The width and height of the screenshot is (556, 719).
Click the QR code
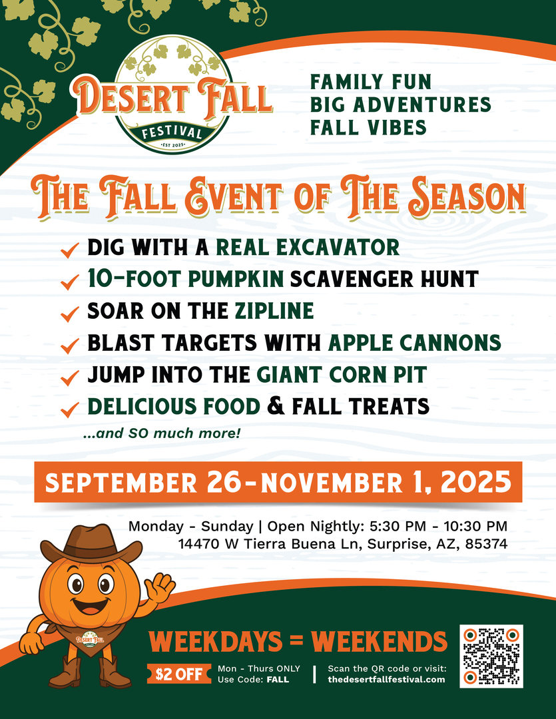click(491, 656)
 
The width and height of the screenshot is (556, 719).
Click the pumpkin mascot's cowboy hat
click(91, 545)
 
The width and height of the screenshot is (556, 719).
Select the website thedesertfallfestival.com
click(386, 679)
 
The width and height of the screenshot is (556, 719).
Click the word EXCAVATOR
click(342, 248)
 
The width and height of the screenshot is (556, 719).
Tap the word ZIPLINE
click(274, 311)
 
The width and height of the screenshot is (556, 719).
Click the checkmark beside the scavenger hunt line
click(69, 282)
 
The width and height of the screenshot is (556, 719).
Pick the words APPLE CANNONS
click(415, 343)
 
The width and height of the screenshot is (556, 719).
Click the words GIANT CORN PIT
click(342, 375)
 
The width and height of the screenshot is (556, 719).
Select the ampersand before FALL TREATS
click(276, 406)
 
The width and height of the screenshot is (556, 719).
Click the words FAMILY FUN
click(371, 82)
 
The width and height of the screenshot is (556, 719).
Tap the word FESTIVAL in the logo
click(172, 131)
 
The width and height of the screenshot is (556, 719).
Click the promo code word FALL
click(278, 680)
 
